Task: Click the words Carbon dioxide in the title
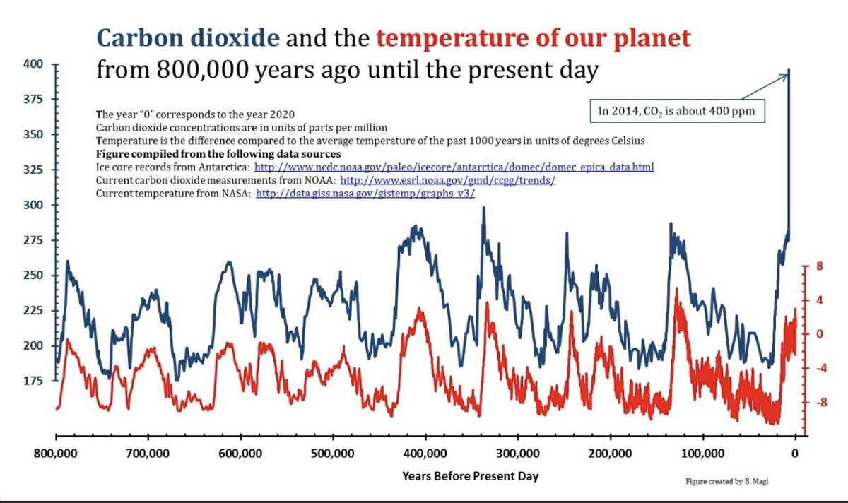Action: [187, 38]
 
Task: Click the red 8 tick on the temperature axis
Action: [819, 267]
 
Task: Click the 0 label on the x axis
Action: [796, 453]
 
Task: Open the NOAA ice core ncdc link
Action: [454, 167]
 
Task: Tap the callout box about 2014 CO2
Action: [678, 110]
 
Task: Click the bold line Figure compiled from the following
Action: [218, 154]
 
